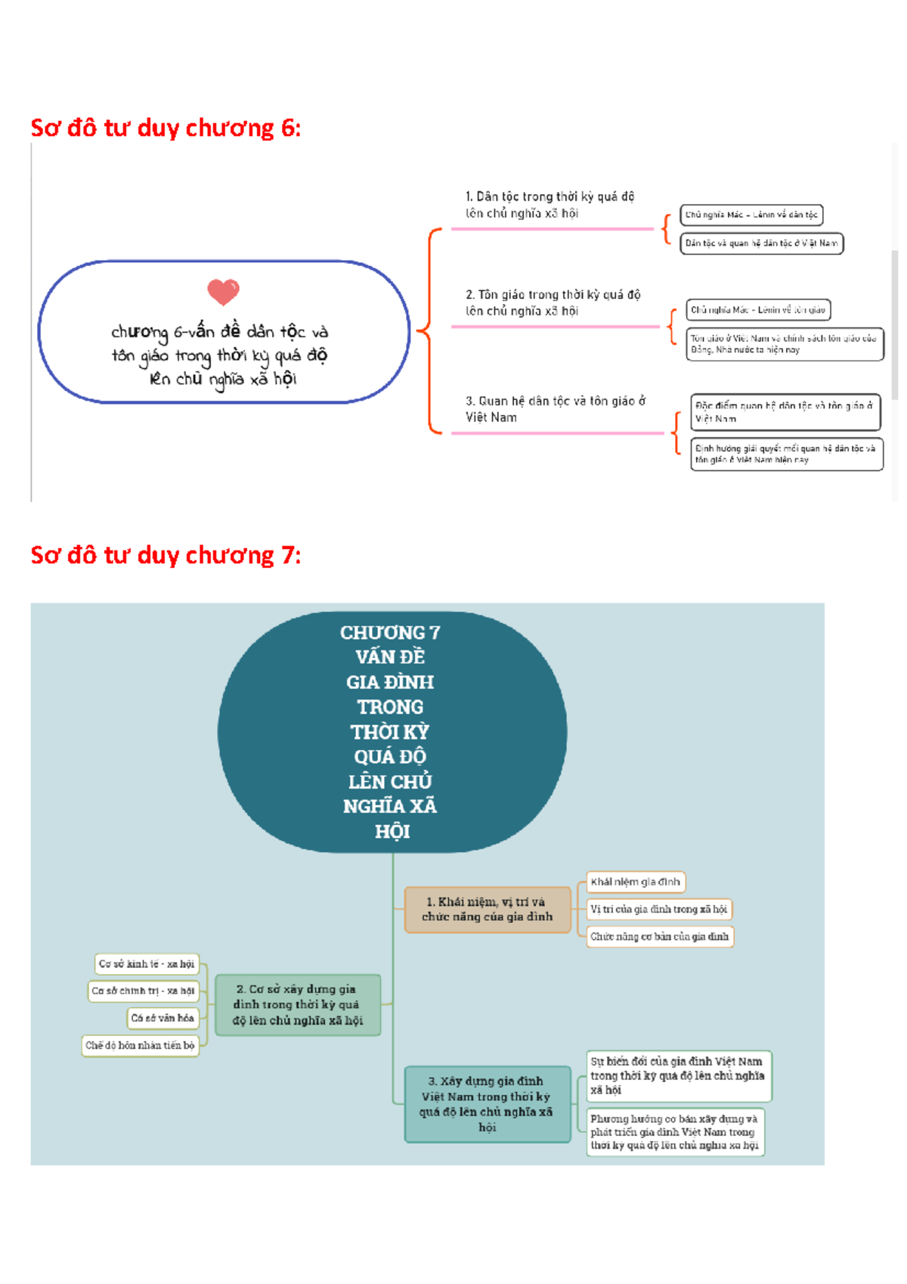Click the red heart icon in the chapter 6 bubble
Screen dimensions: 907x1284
point(223,291)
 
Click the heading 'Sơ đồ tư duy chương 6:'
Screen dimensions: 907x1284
point(166,128)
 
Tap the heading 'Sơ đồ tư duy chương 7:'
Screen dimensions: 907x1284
point(166,555)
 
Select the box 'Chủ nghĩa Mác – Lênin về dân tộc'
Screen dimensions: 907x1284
point(751,215)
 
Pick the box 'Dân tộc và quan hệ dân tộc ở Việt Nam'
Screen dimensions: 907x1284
point(761,243)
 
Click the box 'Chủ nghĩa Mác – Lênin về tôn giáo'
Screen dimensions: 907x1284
point(758,310)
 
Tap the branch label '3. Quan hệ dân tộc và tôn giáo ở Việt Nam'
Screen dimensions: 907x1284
point(555,409)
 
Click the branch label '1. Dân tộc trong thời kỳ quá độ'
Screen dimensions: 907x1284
point(549,205)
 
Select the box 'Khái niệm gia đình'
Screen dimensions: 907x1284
point(636,882)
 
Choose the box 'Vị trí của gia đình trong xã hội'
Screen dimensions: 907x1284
point(658,909)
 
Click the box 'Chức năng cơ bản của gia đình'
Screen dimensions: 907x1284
point(659,937)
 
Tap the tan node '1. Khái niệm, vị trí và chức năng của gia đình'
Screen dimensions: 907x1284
point(487,910)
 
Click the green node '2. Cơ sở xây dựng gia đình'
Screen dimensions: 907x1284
point(297,1005)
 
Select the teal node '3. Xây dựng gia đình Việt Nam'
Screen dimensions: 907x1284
point(487,1104)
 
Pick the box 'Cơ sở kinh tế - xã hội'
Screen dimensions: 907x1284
point(147,964)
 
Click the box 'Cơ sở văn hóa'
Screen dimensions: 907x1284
point(163,1018)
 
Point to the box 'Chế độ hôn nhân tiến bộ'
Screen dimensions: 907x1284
point(140,1046)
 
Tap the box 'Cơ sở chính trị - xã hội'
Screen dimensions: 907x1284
point(143,991)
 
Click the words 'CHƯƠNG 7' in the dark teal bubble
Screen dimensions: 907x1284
point(390,632)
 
